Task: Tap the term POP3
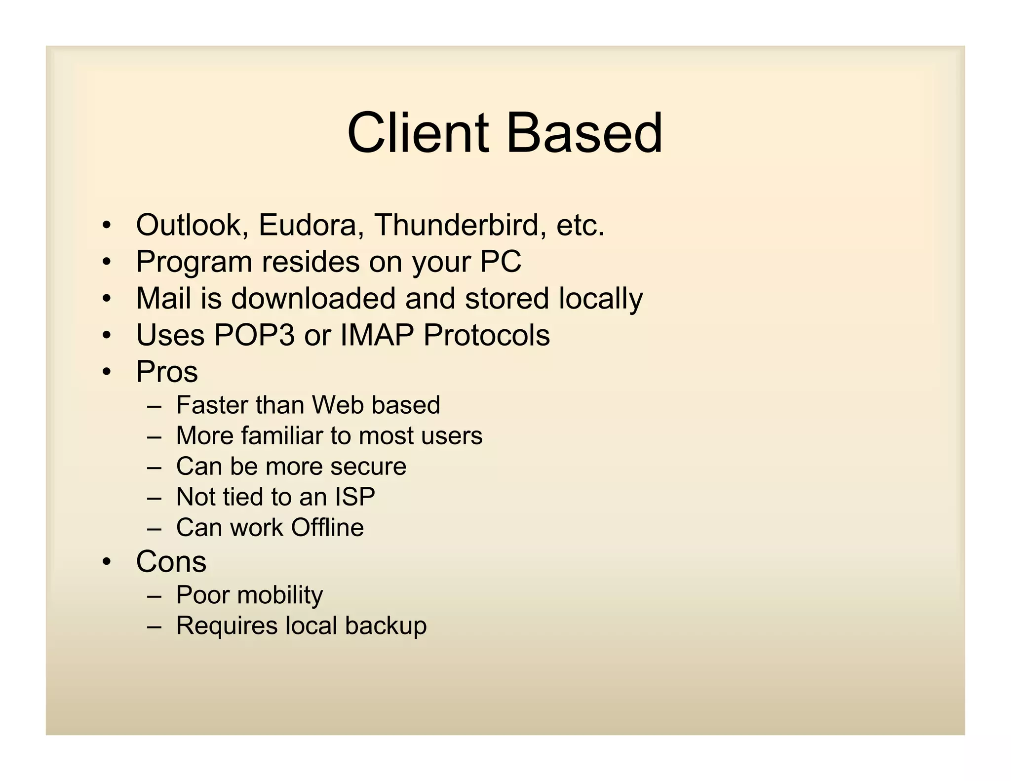click(254, 335)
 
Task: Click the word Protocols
click(486, 335)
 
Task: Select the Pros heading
click(167, 372)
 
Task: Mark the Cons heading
click(171, 562)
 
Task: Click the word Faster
click(211, 405)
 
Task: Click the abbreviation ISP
click(354, 497)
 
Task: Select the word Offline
click(327, 528)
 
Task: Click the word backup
click(386, 625)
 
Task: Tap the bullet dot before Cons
click(107, 562)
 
